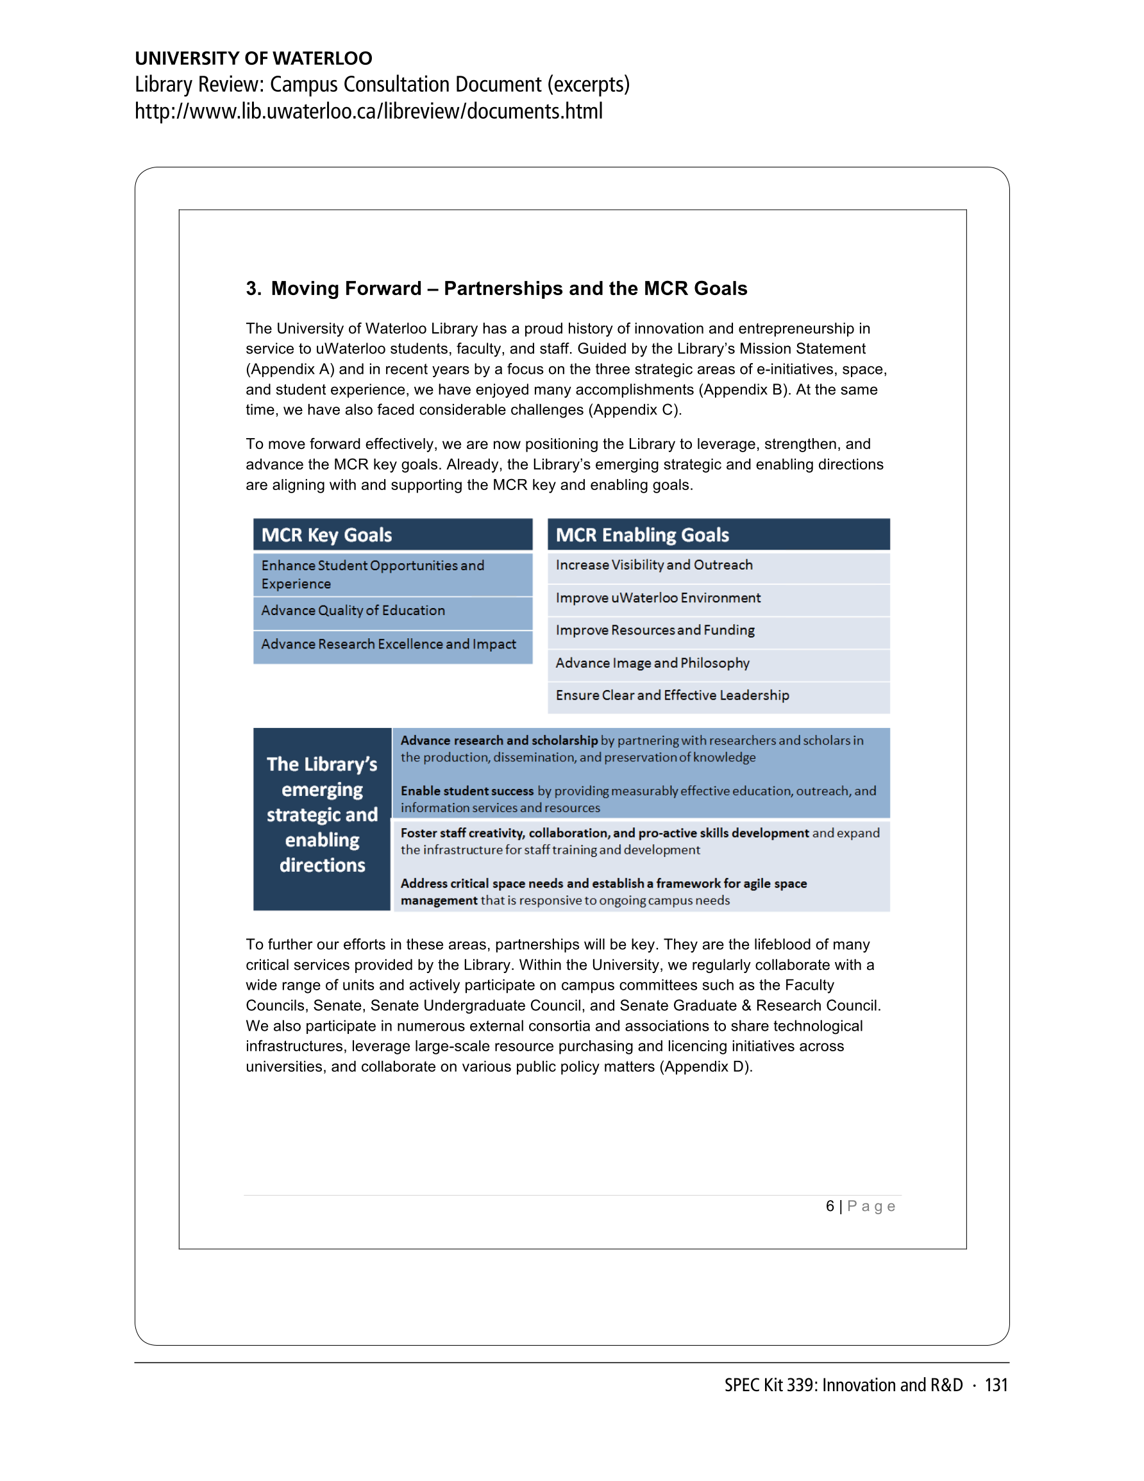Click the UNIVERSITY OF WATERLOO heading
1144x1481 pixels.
[253, 58]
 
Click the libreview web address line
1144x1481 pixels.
[368, 111]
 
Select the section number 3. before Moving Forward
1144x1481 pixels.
[254, 289]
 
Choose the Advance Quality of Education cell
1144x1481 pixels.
[353, 611]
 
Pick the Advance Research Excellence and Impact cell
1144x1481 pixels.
[389, 644]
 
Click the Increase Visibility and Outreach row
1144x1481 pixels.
[653, 566]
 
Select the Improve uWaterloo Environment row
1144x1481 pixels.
[658, 598]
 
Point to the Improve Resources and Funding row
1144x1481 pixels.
[655, 630]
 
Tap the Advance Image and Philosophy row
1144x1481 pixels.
[652, 663]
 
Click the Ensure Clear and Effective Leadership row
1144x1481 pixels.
[672, 696]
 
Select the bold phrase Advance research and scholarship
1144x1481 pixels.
[499, 740]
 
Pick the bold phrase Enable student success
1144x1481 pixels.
[467, 791]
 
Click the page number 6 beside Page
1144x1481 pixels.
[829, 1206]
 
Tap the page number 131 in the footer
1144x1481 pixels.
[996, 1385]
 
